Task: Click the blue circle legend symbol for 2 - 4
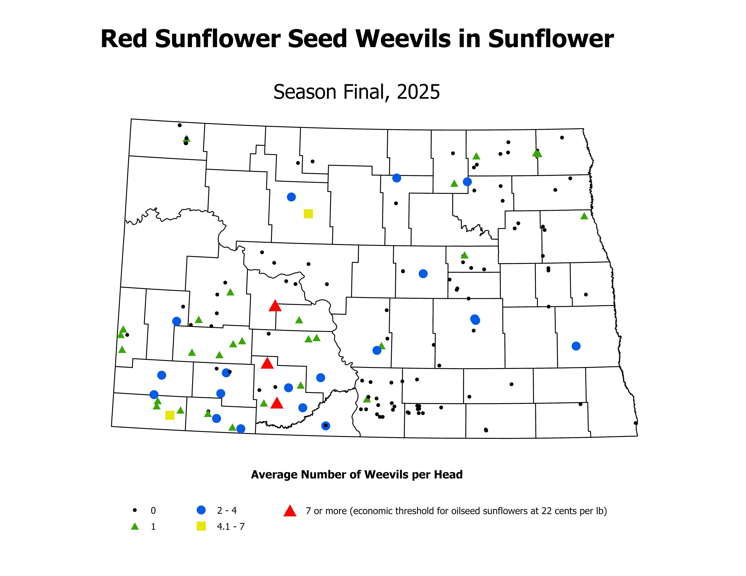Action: coord(201,510)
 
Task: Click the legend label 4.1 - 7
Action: coord(231,527)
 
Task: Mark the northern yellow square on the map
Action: coord(308,214)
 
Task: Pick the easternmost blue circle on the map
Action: coord(576,346)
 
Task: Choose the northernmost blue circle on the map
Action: coord(397,178)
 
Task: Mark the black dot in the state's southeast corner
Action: coord(635,423)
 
